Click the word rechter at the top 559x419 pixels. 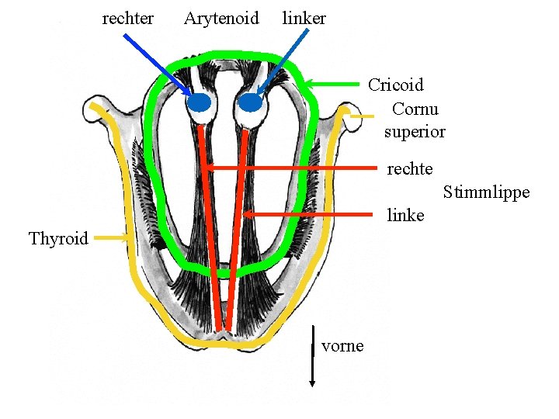pos(128,18)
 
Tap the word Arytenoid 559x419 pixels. pos(221,18)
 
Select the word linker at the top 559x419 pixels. pos(304,18)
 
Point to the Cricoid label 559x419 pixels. pos(395,84)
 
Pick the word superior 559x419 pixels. pos(415,131)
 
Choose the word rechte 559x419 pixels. pos(410,168)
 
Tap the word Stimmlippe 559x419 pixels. pos(486,192)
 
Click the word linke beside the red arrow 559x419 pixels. pos(405,215)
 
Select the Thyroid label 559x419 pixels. pos(58,238)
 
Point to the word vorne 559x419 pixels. pos(342,345)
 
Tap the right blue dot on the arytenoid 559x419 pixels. pos(249,102)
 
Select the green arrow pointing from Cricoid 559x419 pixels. pos(334,83)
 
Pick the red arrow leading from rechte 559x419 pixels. pos(295,167)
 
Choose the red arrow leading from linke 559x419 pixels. pos(311,213)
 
